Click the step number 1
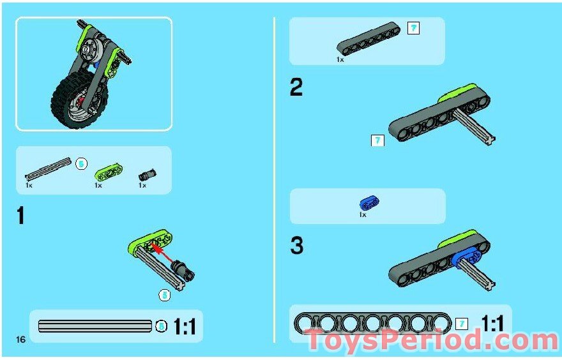point(20,216)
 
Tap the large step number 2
point(296,87)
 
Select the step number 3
point(296,246)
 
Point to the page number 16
point(21,339)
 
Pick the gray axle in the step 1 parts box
point(48,167)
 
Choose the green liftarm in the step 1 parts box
point(109,171)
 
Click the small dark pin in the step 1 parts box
point(148,174)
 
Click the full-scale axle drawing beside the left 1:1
point(95,326)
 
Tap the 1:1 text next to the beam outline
point(492,324)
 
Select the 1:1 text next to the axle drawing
point(185,327)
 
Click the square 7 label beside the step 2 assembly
point(377,140)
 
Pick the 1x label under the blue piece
point(362,215)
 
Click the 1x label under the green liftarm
point(98,185)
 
